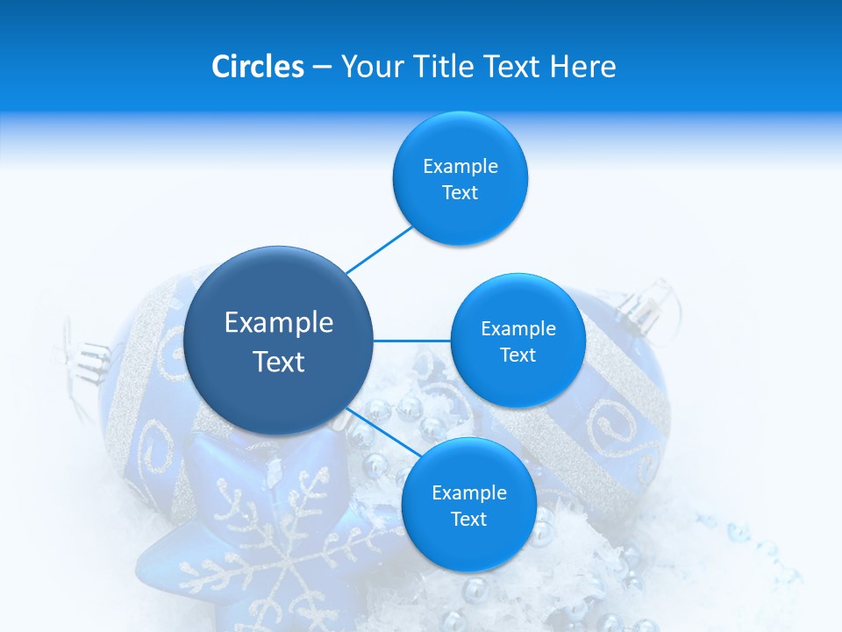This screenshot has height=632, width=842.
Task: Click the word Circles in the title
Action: pos(258,66)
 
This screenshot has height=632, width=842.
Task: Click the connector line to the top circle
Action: pos(379,249)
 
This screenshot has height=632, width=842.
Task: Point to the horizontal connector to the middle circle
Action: pos(411,341)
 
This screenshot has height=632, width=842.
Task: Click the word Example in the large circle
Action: pos(279,323)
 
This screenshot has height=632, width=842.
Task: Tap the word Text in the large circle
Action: pos(279,362)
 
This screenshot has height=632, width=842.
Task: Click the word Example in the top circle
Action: pos(460,166)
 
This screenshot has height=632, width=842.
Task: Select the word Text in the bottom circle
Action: pos(468,519)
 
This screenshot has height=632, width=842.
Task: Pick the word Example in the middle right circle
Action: pos(517,328)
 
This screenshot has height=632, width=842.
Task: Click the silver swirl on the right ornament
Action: pos(618,421)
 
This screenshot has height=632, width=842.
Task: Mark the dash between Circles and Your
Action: pos(322,67)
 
